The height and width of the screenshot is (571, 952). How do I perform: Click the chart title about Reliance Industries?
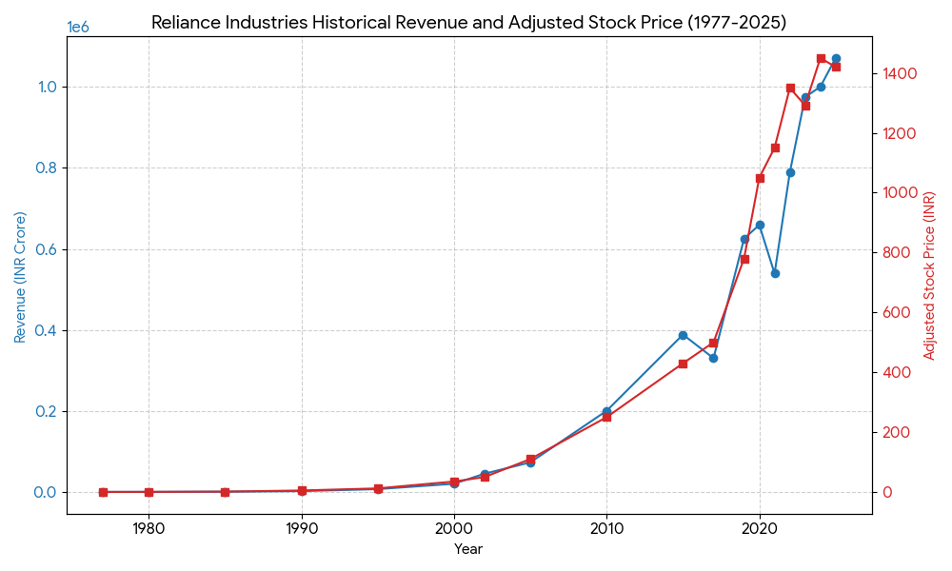tap(468, 23)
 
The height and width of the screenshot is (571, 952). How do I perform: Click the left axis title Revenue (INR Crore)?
tap(20, 277)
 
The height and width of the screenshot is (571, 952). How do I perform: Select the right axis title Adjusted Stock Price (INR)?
tap(930, 275)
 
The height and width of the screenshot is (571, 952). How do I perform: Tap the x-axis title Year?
tap(468, 549)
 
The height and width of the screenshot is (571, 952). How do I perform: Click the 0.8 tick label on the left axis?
tap(46, 168)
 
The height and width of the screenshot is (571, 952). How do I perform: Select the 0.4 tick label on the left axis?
tap(46, 330)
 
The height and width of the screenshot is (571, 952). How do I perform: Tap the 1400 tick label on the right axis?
tap(900, 74)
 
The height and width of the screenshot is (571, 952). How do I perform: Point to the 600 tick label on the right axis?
tap(896, 313)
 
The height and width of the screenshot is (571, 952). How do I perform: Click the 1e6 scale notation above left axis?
tap(78, 28)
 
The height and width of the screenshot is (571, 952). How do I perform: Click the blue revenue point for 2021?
tap(775, 273)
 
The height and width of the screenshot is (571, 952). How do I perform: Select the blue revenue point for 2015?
tap(683, 335)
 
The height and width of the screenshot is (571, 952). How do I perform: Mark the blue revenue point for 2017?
tap(713, 358)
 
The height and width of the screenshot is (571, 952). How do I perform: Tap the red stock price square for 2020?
tap(760, 178)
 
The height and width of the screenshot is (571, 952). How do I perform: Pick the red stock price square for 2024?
tap(821, 59)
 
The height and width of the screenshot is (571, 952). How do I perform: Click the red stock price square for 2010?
tap(606, 417)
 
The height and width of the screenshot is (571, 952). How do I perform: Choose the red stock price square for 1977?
tap(103, 492)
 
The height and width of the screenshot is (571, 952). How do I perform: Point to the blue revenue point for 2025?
tap(836, 59)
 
